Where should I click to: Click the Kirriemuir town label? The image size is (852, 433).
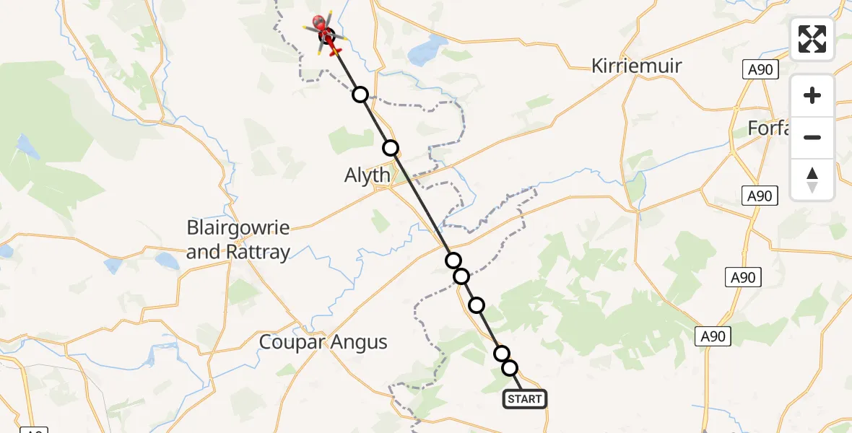(x=636, y=66)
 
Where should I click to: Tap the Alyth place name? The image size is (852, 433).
(x=368, y=175)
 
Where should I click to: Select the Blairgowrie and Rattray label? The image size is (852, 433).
(x=238, y=240)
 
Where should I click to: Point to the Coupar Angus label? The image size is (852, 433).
(x=323, y=342)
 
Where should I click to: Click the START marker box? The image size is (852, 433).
(x=524, y=399)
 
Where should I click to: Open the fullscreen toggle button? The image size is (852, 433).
(x=812, y=39)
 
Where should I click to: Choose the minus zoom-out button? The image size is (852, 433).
(x=812, y=137)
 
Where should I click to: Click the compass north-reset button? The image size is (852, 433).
(x=812, y=179)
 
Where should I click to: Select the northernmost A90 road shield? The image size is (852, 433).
(x=759, y=69)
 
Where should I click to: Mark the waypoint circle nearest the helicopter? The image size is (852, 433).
(x=360, y=95)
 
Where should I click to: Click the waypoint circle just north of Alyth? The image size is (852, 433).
(x=391, y=148)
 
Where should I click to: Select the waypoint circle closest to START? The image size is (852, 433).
(x=510, y=368)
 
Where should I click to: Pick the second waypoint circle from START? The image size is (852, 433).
(x=502, y=353)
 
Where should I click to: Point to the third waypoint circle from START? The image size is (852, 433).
(x=477, y=305)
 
